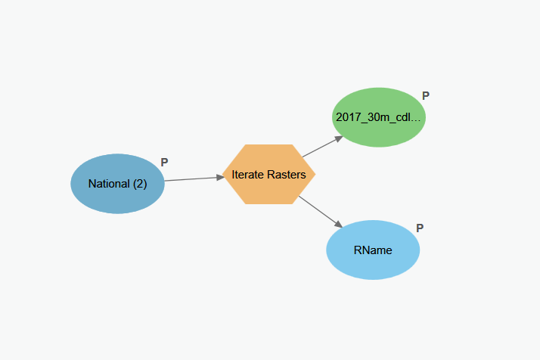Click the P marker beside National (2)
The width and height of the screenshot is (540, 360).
[x=164, y=163]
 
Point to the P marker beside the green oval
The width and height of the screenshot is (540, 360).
[x=426, y=96]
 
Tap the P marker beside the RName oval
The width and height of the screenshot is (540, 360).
[x=420, y=228]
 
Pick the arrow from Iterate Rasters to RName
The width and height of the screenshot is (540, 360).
[x=319, y=210]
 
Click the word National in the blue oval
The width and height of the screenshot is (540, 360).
[x=109, y=184]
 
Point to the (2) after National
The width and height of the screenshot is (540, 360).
[x=138, y=184]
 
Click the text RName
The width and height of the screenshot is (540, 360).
[x=373, y=250]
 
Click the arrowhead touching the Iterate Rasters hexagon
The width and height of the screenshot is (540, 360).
[x=219, y=177]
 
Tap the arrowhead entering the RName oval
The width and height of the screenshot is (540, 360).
[x=338, y=224]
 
